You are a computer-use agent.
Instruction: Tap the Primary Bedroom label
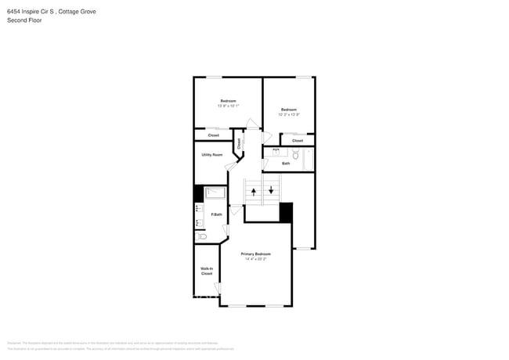click(x=255, y=254)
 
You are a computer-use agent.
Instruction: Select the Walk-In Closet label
click(x=207, y=272)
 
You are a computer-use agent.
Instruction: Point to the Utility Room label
click(x=211, y=155)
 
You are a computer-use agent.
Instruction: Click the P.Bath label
click(x=216, y=214)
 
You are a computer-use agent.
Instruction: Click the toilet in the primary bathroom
click(x=201, y=236)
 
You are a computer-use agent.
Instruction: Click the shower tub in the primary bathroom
click(x=215, y=193)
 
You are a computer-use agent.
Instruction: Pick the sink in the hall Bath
click(x=276, y=150)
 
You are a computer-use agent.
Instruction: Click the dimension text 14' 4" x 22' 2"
click(x=255, y=259)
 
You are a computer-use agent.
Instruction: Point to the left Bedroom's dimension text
click(x=228, y=106)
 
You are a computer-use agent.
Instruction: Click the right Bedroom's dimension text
click(x=288, y=114)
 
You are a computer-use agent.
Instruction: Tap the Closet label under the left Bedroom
click(x=213, y=135)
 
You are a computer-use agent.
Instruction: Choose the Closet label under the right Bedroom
click(x=297, y=140)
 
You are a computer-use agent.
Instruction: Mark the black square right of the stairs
click(x=286, y=212)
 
